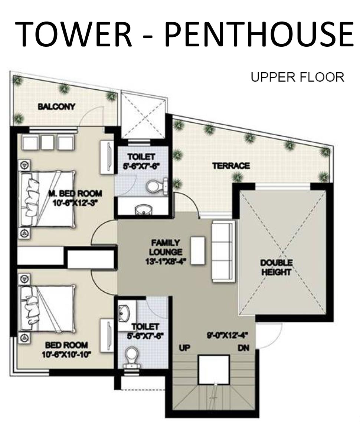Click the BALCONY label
[56, 107]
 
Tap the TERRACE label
[231, 166]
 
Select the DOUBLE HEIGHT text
[276, 267]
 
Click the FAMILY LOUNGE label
[166, 247]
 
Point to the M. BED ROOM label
[75, 193]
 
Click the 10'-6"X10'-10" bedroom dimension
[66, 354]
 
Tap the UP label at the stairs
[184, 348]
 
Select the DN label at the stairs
[243, 348]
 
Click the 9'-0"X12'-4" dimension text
[227, 336]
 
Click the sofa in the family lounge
[224, 251]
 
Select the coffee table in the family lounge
[198, 251]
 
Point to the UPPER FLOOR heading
[298, 77]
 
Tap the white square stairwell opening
[214, 370]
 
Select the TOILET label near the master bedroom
[141, 157]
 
